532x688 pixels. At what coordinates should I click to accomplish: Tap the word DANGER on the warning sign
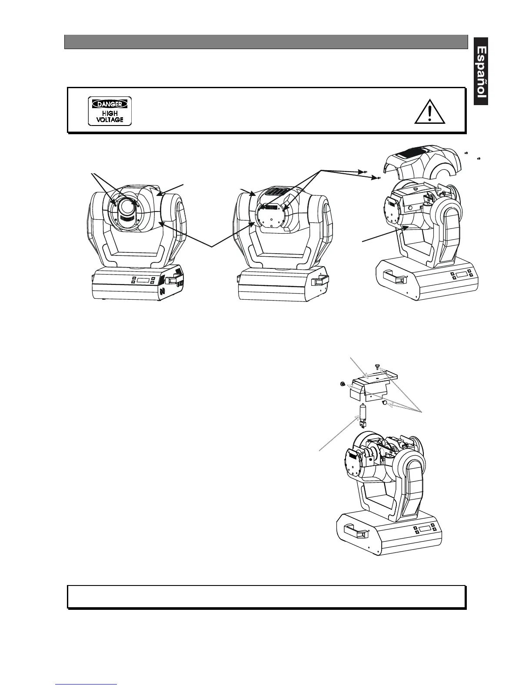point(110,104)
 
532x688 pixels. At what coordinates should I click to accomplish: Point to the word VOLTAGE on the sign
point(110,119)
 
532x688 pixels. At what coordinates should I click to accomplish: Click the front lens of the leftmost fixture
point(127,208)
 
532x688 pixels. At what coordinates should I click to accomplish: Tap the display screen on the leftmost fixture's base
point(143,280)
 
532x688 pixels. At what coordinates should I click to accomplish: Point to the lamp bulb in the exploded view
point(362,413)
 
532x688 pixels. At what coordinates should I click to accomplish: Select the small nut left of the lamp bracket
point(342,384)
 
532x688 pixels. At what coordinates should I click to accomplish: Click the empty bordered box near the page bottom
point(266,596)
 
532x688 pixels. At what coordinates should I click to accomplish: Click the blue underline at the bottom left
point(86,684)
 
